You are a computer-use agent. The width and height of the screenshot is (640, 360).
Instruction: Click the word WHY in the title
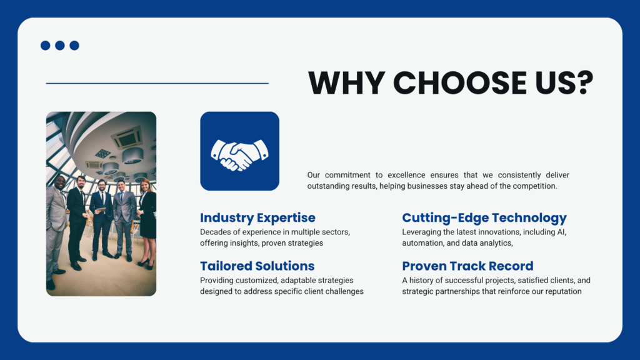tap(346, 83)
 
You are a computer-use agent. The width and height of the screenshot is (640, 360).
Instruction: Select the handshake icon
tap(239, 155)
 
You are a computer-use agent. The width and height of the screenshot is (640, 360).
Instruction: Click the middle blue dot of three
tap(60, 45)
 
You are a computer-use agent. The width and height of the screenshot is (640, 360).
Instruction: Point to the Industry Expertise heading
tap(257, 217)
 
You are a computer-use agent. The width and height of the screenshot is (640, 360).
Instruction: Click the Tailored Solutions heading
tap(257, 266)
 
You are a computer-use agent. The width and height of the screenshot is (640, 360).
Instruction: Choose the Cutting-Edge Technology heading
tap(484, 217)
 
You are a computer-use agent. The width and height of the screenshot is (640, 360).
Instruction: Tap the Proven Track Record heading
tap(467, 266)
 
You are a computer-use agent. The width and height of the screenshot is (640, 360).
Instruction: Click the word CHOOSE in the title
tap(459, 83)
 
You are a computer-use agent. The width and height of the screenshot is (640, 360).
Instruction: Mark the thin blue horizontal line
tap(157, 83)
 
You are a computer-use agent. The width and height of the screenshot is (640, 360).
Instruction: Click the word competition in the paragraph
tap(536, 186)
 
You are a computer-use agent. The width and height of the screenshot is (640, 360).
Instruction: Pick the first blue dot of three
tap(45, 45)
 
